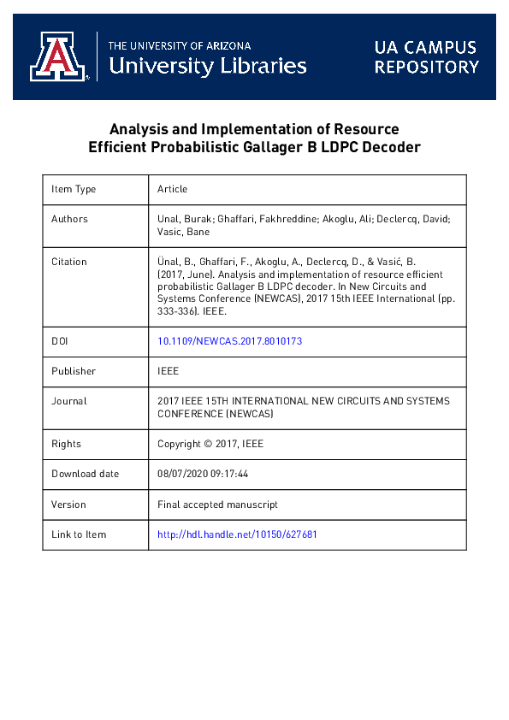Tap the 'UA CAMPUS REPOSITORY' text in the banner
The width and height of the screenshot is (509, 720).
click(426, 57)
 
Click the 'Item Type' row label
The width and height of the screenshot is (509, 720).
click(74, 189)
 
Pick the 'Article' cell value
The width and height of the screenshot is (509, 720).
click(173, 189)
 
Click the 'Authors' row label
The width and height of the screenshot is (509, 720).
click(69, 219)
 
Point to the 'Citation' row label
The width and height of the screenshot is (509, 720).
click(69, 262)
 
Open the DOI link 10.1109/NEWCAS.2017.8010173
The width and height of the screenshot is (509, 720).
click(229, 341)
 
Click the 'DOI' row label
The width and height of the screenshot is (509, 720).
click(60, 341)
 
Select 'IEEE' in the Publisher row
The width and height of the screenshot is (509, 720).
click(169, 371)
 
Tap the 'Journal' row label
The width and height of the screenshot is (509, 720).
click(69, 401)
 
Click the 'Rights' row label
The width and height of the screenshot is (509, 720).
click(66, 444)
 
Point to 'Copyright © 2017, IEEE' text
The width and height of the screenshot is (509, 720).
click(210, 444)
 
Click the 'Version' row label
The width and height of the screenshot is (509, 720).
click(68, 505)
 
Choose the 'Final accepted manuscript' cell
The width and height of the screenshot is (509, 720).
click(217, 505)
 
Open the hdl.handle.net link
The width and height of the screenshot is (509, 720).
click(237, 534)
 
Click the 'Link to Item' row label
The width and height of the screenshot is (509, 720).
click(79, 534)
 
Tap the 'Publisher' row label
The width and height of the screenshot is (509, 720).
click(74, 371)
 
